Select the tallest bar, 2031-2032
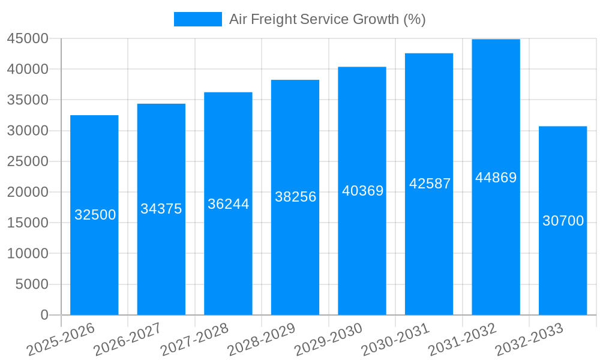click(x=496, y=240)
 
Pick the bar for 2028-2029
click(x=295, y=252)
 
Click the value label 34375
click(x=161, y=209)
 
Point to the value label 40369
click(x=362, y=191)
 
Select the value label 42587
click(x=430, y=184)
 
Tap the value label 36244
click(x=229, y=204)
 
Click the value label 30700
click(x=563, y=221)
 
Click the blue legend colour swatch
click(x=197, y=19)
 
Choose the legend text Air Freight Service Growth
click(x=327, y=19)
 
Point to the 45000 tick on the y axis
click(x=28, y=38)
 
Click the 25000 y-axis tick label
click(x=28, y=161)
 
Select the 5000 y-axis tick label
click(x=31, y=284)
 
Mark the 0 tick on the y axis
click(x=44, y=315)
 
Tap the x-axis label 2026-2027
click(x=127, y=340)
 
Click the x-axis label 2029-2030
click(x=328, y=340)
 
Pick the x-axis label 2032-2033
click(x=529, y=340)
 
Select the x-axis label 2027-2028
click(x=194, y=340)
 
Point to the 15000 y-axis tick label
click(x=28, y=223)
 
